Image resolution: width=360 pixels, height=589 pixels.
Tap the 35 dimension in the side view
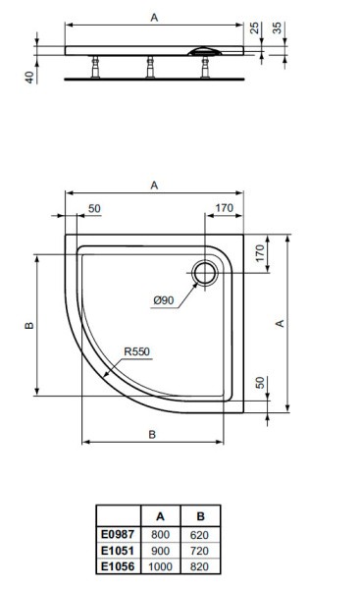[278, 28]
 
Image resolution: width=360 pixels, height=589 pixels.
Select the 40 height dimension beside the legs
[30, 76]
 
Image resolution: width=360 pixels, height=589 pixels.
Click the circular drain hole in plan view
[207, 272]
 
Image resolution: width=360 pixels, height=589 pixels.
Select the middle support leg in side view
[149, 68]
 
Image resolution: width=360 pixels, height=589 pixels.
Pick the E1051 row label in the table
[118, 552]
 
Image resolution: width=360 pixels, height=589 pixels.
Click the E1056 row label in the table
[118, 567]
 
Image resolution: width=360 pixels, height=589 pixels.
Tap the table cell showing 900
[160, 552]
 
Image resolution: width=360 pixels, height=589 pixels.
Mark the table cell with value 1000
[160, 567]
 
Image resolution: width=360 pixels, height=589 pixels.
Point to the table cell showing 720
[200, 552]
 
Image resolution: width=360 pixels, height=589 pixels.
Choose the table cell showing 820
[200, 567]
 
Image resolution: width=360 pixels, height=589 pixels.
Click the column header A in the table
[160, 516]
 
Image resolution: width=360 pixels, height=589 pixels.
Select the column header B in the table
[200, 516]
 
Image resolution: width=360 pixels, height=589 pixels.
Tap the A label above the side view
[153, 17]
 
